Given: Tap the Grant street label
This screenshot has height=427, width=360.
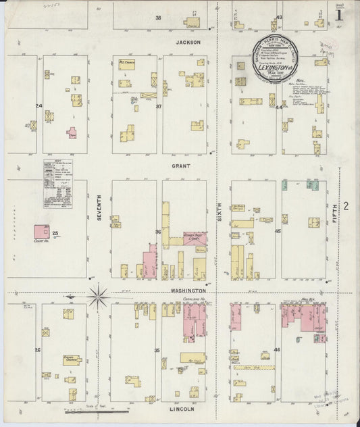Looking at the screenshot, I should pyautogui.click(x=180, y=166).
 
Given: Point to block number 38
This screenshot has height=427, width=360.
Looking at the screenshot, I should pyautogui.click(x=159, y=18).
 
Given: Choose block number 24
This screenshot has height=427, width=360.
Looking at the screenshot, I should pyautogui.click(x=39, y=106).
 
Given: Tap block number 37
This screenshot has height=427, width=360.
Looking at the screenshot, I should pyautogui.click(x=159, y=106).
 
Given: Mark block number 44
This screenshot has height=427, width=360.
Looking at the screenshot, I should pyautogui.click(x=278, y=107).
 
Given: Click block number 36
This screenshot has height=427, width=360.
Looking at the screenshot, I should pyautogui.click(x=158, y=232).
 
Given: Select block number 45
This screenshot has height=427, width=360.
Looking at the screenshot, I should pyautogui.click(x=278, y=232).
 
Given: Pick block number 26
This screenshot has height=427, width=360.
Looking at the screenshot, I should pyautogui.click(x=38, y=350).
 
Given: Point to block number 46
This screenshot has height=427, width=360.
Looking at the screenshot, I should pyautogui.click(x=277, y=350).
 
